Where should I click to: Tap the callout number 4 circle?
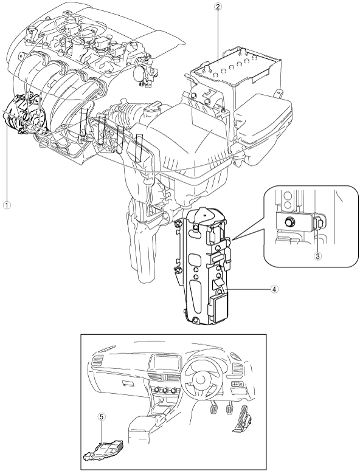tap(274, 289)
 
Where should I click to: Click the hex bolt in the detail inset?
tap(290, 222)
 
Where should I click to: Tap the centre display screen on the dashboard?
tap(165, 365)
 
